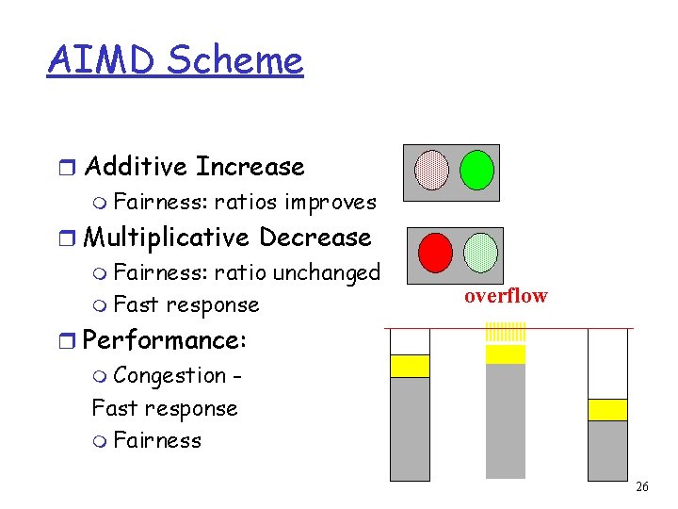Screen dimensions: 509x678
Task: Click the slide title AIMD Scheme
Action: (175, 60)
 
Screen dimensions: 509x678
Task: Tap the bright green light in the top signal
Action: (476, 170)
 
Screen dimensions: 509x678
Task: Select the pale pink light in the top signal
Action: (432, 170)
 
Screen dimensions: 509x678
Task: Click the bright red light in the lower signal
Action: (435, 252)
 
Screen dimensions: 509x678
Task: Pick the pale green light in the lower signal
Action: (480, 252)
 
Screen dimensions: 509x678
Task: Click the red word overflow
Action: (505, 296)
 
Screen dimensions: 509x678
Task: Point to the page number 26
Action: (642, 487)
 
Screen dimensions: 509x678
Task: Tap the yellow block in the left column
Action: (410, 366)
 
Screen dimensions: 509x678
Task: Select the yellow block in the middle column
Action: (506, 354)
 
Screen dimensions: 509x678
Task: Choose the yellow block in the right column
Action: (607, 409)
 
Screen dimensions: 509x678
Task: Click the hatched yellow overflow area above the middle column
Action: (506, 333)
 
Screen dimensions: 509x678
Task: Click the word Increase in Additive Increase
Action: (250, 167)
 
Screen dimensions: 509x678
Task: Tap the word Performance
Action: (165, 340)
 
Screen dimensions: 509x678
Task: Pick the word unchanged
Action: (326, 272)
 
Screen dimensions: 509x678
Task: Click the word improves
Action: (331, 202)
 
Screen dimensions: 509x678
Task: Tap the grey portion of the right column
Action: (607, 449)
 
